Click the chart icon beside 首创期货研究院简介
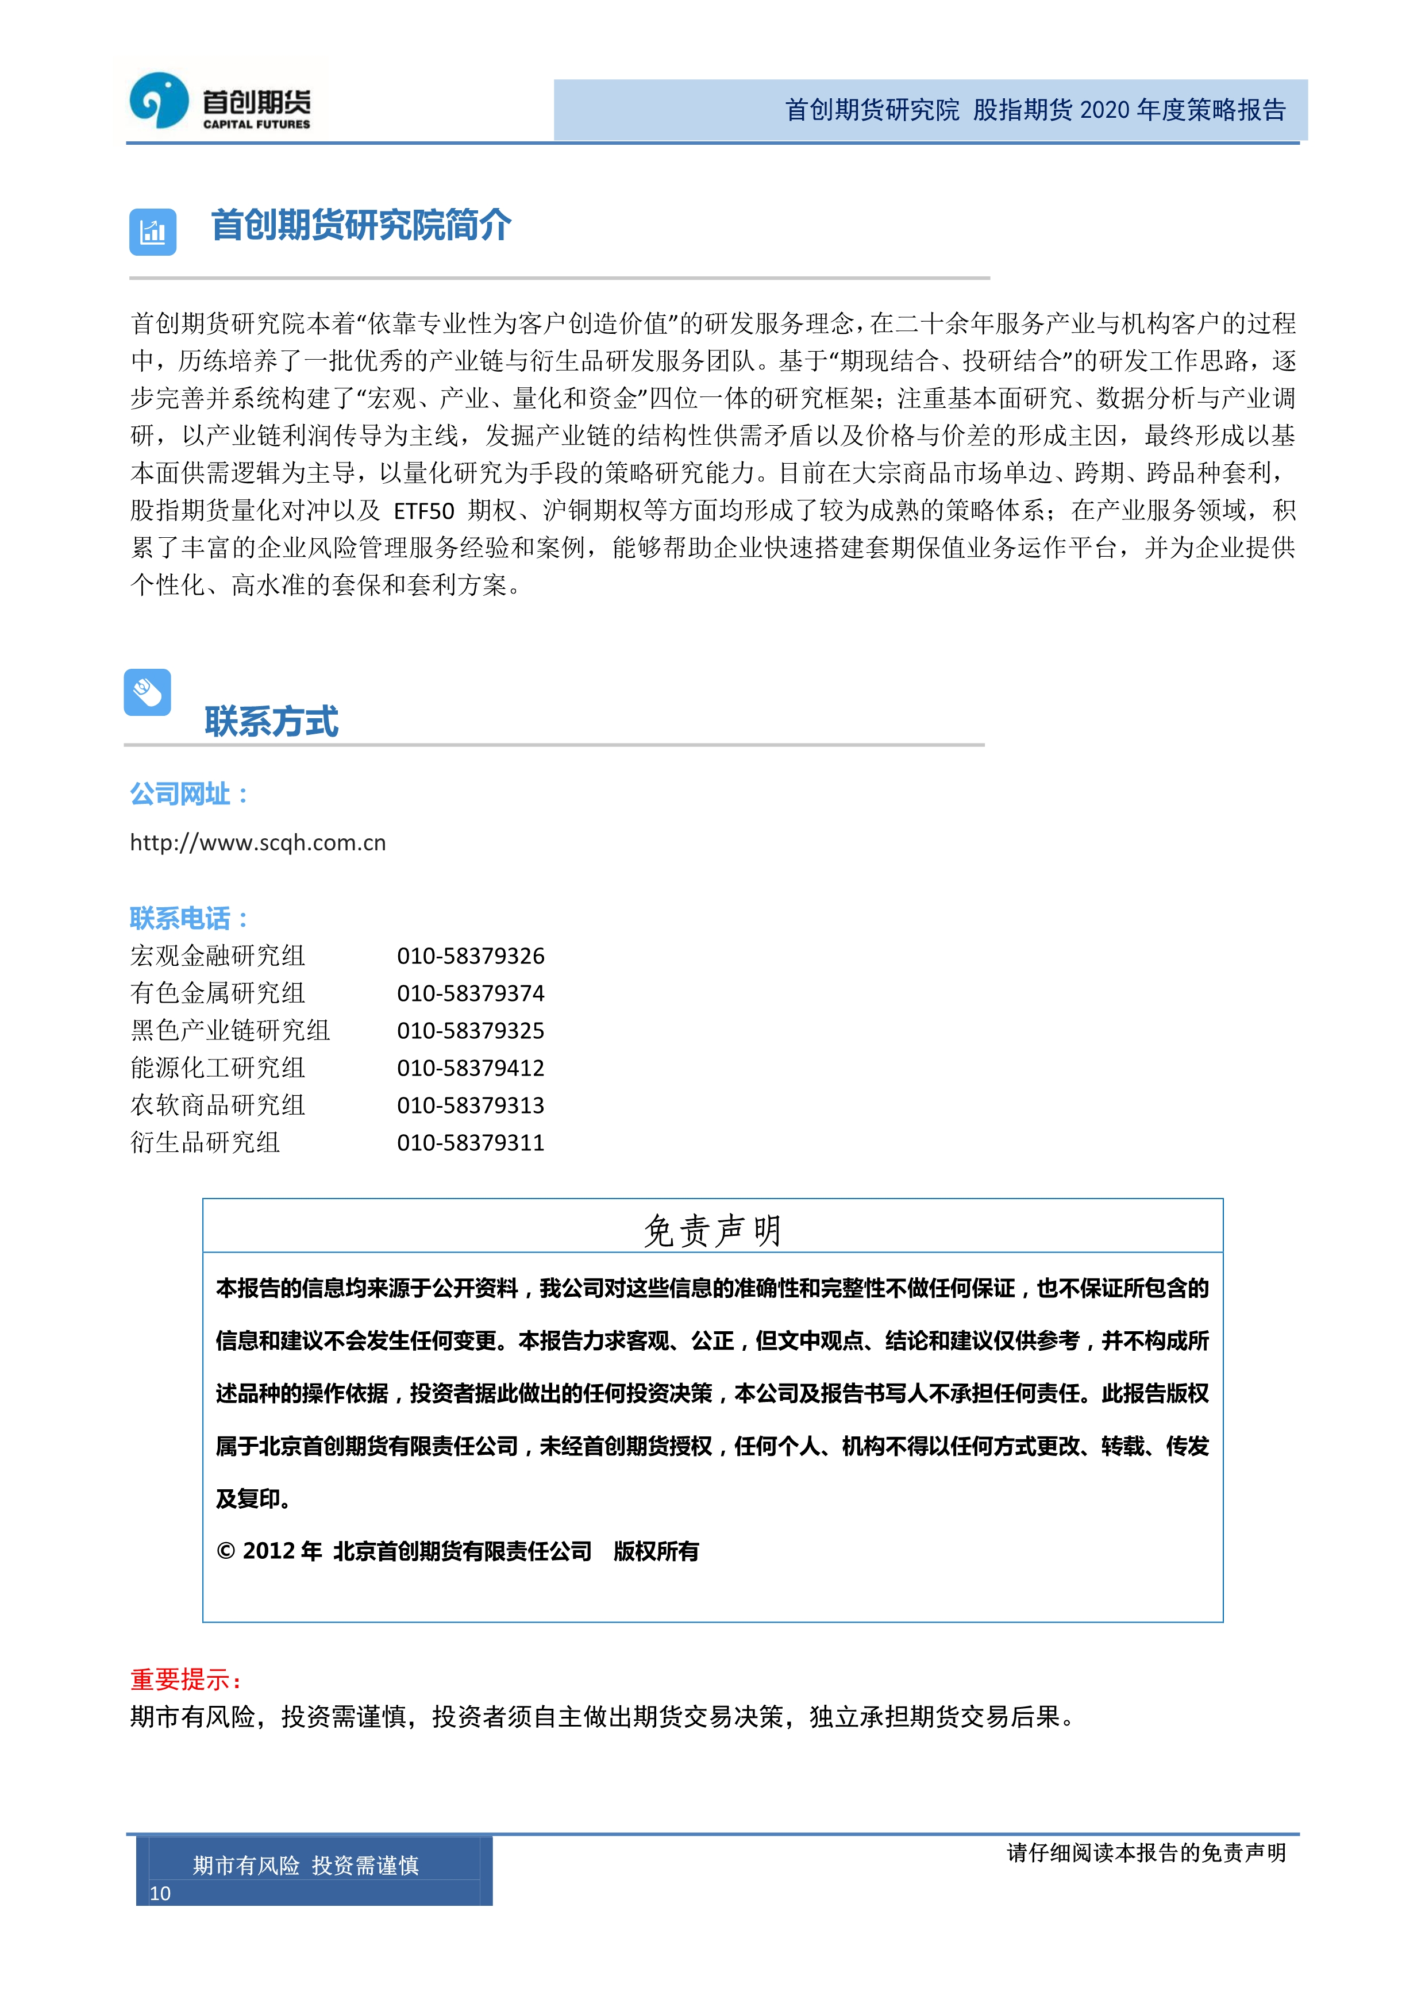point(153,232)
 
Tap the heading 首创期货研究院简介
point(361,226)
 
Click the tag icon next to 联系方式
point(148,692)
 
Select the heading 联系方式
point(271,722)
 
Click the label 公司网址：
point(190,794)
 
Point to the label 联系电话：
point(190,919)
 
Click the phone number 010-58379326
point(471,956)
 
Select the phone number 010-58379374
point(471,993)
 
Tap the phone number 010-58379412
point(471,1068)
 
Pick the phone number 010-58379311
point(471,1143)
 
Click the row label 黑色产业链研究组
point(230,1030)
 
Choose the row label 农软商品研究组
point(218,1105)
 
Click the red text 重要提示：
point(186,1680)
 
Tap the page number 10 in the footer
point(160,1893)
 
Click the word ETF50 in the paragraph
point(424,511)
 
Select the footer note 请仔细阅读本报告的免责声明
point(1145,1852)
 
